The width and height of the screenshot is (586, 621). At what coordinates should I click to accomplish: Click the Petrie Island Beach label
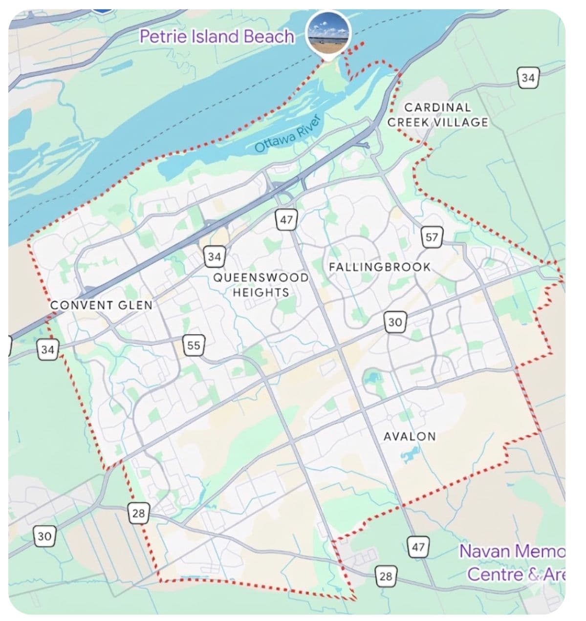(217, 37)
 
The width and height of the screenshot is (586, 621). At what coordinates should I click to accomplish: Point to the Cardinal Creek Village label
(437, 115)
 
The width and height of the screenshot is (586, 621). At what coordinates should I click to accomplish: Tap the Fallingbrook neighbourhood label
(380, 267)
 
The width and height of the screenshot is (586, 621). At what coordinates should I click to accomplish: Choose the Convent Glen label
(102, 305)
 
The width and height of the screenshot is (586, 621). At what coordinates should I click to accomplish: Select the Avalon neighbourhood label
(410, 436)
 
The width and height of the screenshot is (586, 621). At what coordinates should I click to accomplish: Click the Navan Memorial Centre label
(513, 562)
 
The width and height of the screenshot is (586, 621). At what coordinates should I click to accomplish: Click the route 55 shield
(194, 345)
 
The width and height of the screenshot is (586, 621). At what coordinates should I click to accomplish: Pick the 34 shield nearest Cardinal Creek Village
(528, 78)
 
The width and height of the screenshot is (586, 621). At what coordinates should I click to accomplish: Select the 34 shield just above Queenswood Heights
(214, 257)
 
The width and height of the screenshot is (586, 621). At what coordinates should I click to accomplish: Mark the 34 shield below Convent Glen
(47, 350)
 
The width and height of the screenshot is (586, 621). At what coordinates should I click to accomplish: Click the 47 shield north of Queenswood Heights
(286, 220)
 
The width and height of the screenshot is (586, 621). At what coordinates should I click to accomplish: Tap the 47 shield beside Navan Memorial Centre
(418, 547)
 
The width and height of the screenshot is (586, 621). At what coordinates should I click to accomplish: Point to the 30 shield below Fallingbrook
(395, 322)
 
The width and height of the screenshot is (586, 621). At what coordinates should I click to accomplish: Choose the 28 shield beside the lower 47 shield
(386, 577)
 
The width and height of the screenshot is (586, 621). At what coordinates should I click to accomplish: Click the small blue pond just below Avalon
(407, 457)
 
